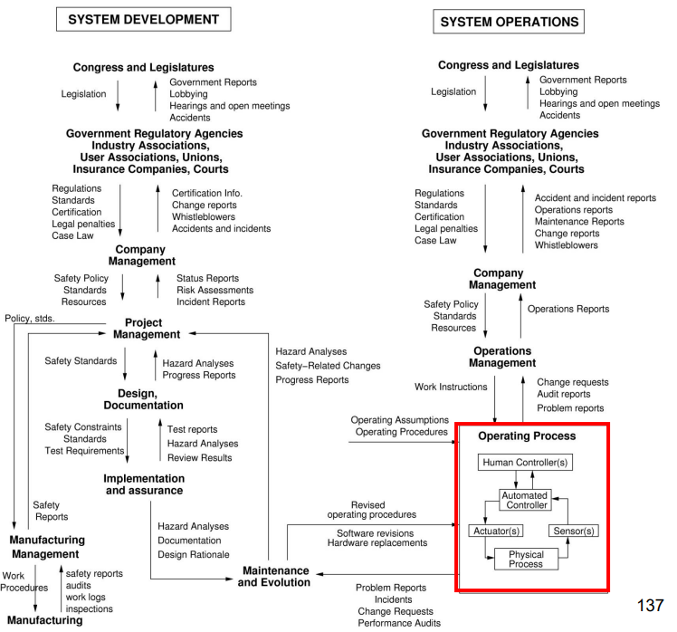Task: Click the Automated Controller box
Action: (x=526, y=500)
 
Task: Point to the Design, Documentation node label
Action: (x=144, y=398)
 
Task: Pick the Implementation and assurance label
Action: (x=143, y=484)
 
